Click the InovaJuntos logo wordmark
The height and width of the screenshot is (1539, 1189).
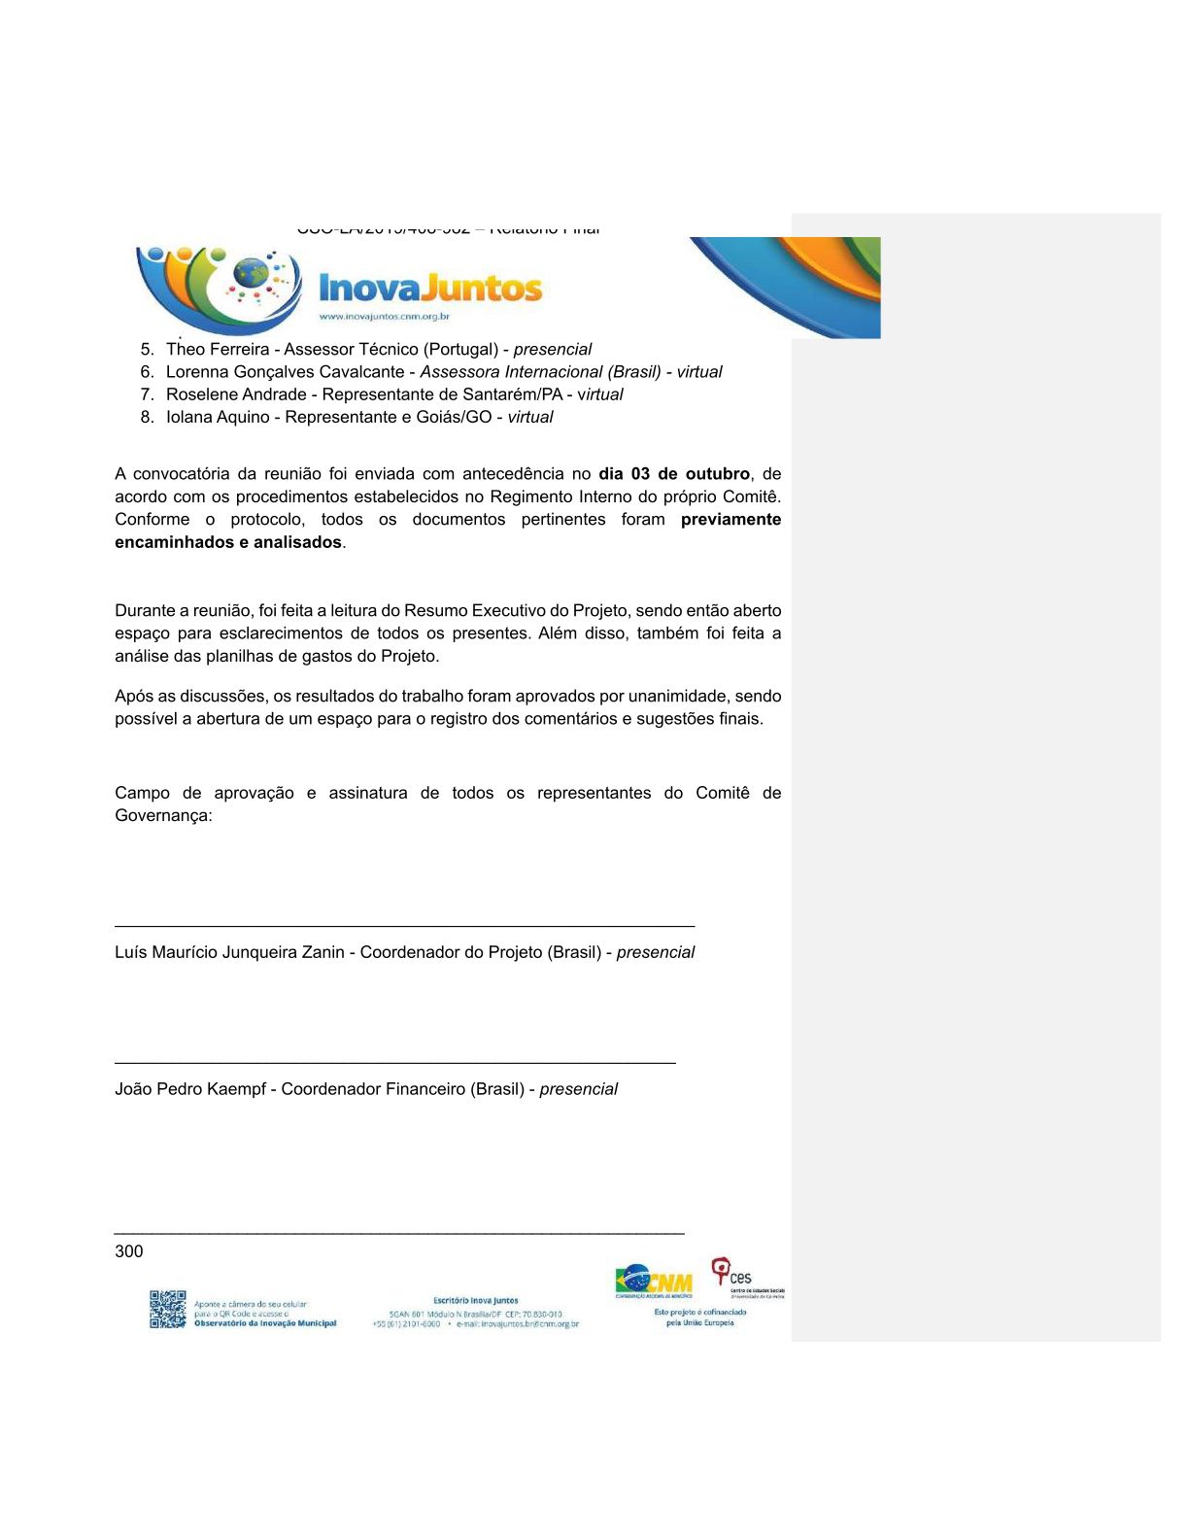(430, 289)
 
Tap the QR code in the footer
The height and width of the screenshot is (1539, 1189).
(167, 1309)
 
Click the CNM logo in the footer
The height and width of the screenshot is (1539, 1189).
(654, 1281)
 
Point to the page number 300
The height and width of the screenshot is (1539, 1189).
(128, 1251)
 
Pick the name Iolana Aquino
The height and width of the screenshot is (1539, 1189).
(218, 418)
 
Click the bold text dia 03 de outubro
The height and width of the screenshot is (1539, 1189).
(673, 474)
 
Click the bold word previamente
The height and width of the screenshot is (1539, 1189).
(730, 520)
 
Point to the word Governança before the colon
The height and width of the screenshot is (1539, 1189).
(160, 816)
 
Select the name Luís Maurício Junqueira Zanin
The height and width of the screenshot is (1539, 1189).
(229, 953)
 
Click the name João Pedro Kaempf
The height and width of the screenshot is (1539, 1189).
(189, 1090)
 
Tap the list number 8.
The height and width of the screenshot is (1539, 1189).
(146, 418)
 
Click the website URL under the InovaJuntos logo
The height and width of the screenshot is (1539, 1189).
(384, 317)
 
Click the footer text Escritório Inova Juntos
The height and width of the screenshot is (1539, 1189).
(475, 1300)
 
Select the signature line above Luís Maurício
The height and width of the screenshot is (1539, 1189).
(404, 926)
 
